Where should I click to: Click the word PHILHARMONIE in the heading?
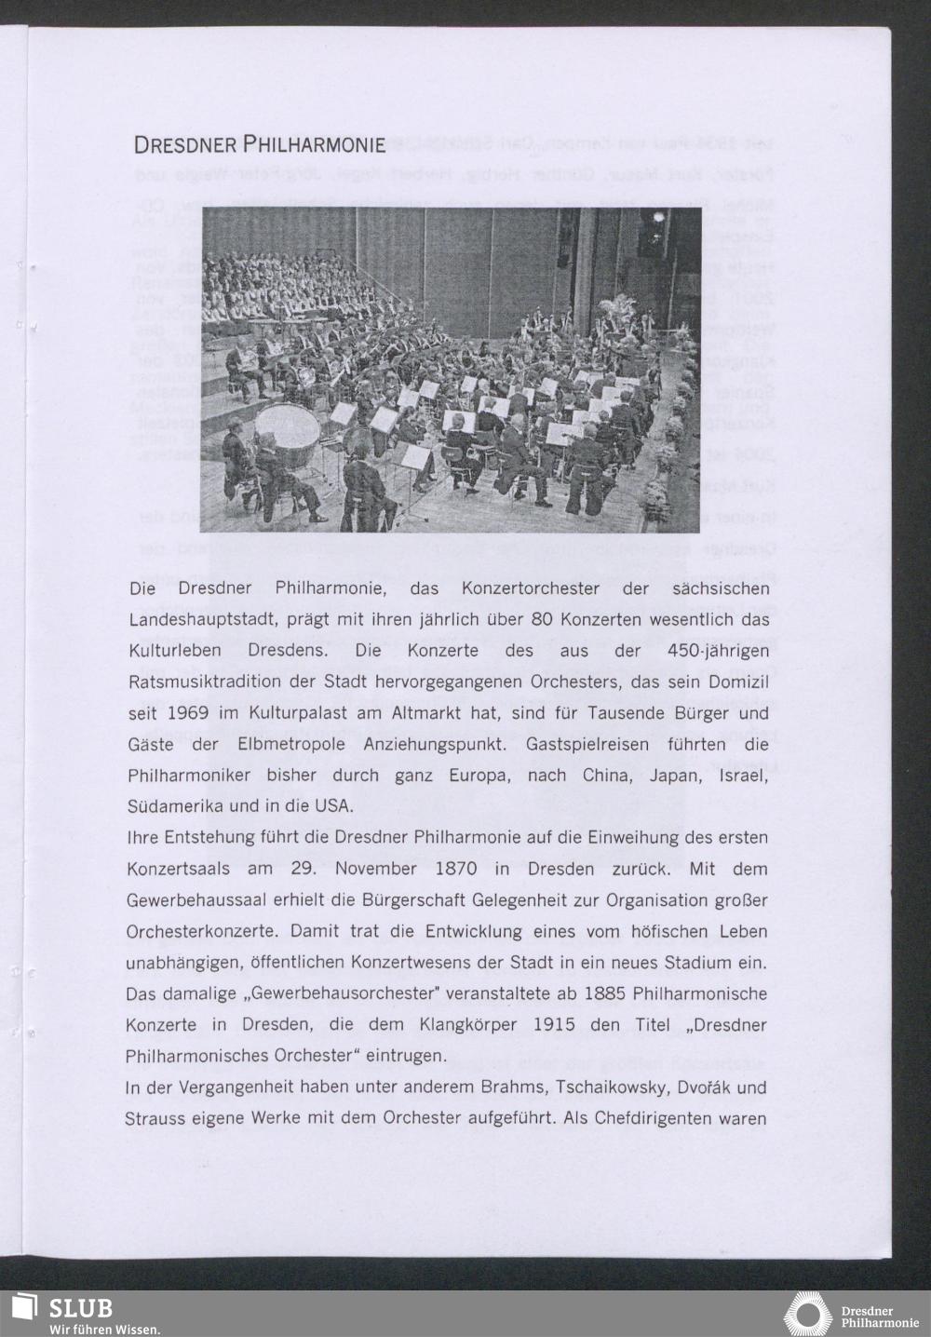315,145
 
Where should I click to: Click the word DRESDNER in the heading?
186,145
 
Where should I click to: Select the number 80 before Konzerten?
543,620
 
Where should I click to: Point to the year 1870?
455,869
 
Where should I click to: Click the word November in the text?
375,869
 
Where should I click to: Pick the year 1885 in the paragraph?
605,993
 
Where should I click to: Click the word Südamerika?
174,805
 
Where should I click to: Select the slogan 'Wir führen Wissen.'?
104,1330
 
